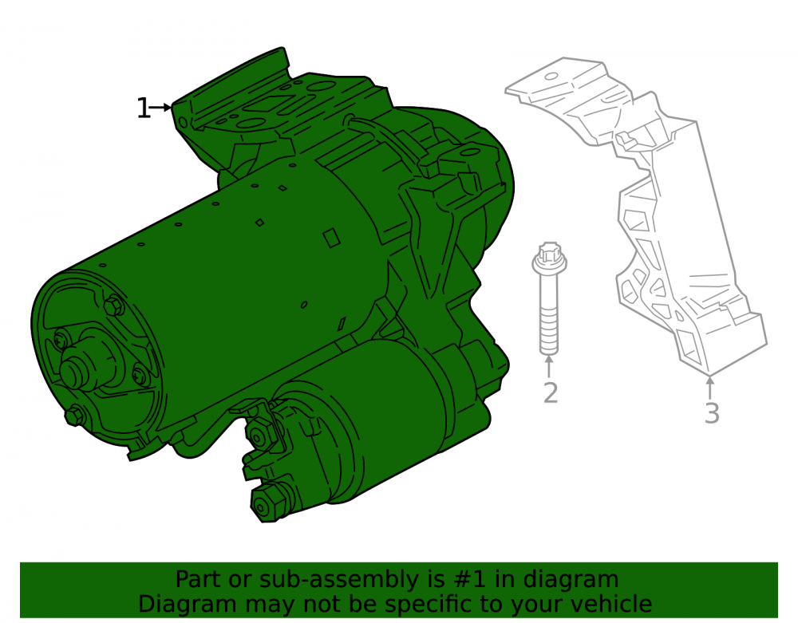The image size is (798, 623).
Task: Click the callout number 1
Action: click(x=144, y=108)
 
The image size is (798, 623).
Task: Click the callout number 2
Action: click(x=550, y=392)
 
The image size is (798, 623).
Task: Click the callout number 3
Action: click(x=712, y=413)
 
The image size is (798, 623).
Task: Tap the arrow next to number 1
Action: click(x=161, y=108)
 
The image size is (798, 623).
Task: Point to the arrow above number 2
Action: click(x=549, y=367)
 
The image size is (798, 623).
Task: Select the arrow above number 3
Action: click(x=710, y=388)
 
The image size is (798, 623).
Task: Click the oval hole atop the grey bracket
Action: click(x=551, y=77)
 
